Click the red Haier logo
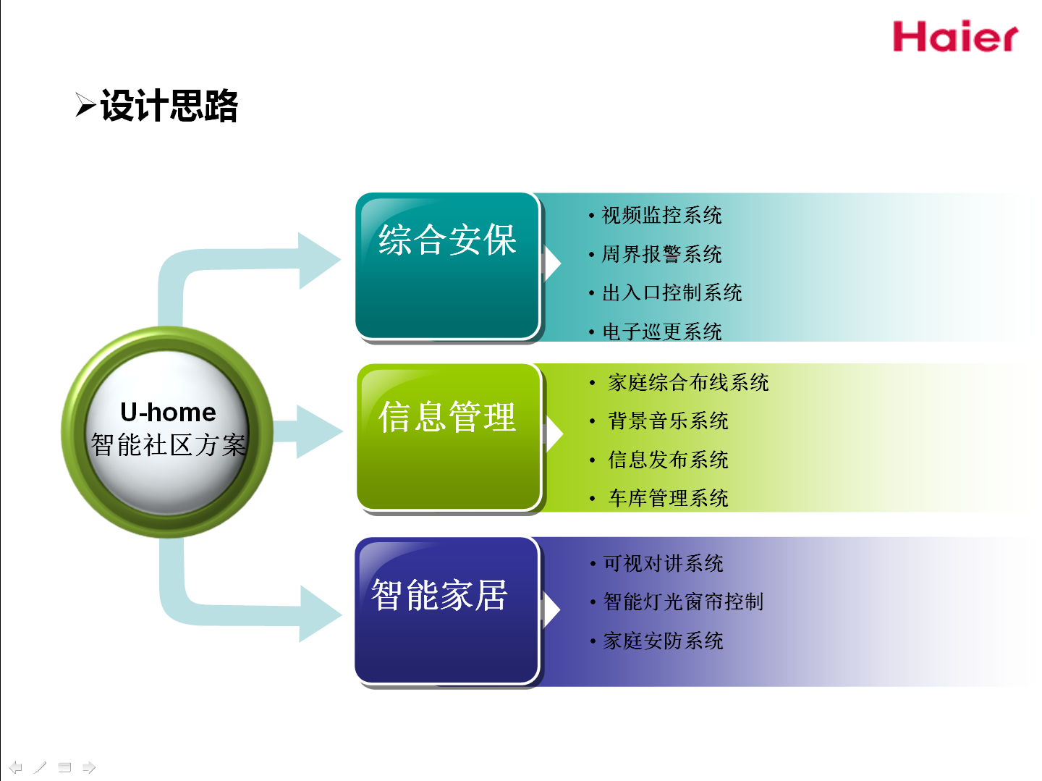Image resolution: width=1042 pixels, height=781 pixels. (955, 36)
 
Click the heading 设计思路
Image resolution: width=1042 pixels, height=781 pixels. (169, 106)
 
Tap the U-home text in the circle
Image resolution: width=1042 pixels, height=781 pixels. (168, 412)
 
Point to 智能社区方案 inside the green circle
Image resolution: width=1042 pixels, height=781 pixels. (169, 445)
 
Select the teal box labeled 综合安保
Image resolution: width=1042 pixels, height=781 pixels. (448, 266)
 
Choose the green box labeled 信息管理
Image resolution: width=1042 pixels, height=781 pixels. (449, 436)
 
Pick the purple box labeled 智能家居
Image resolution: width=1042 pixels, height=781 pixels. (446, 611)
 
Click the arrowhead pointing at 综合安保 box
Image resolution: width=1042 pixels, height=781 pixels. (319, 260)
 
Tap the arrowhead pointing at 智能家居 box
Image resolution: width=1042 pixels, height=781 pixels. (320, 614)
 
